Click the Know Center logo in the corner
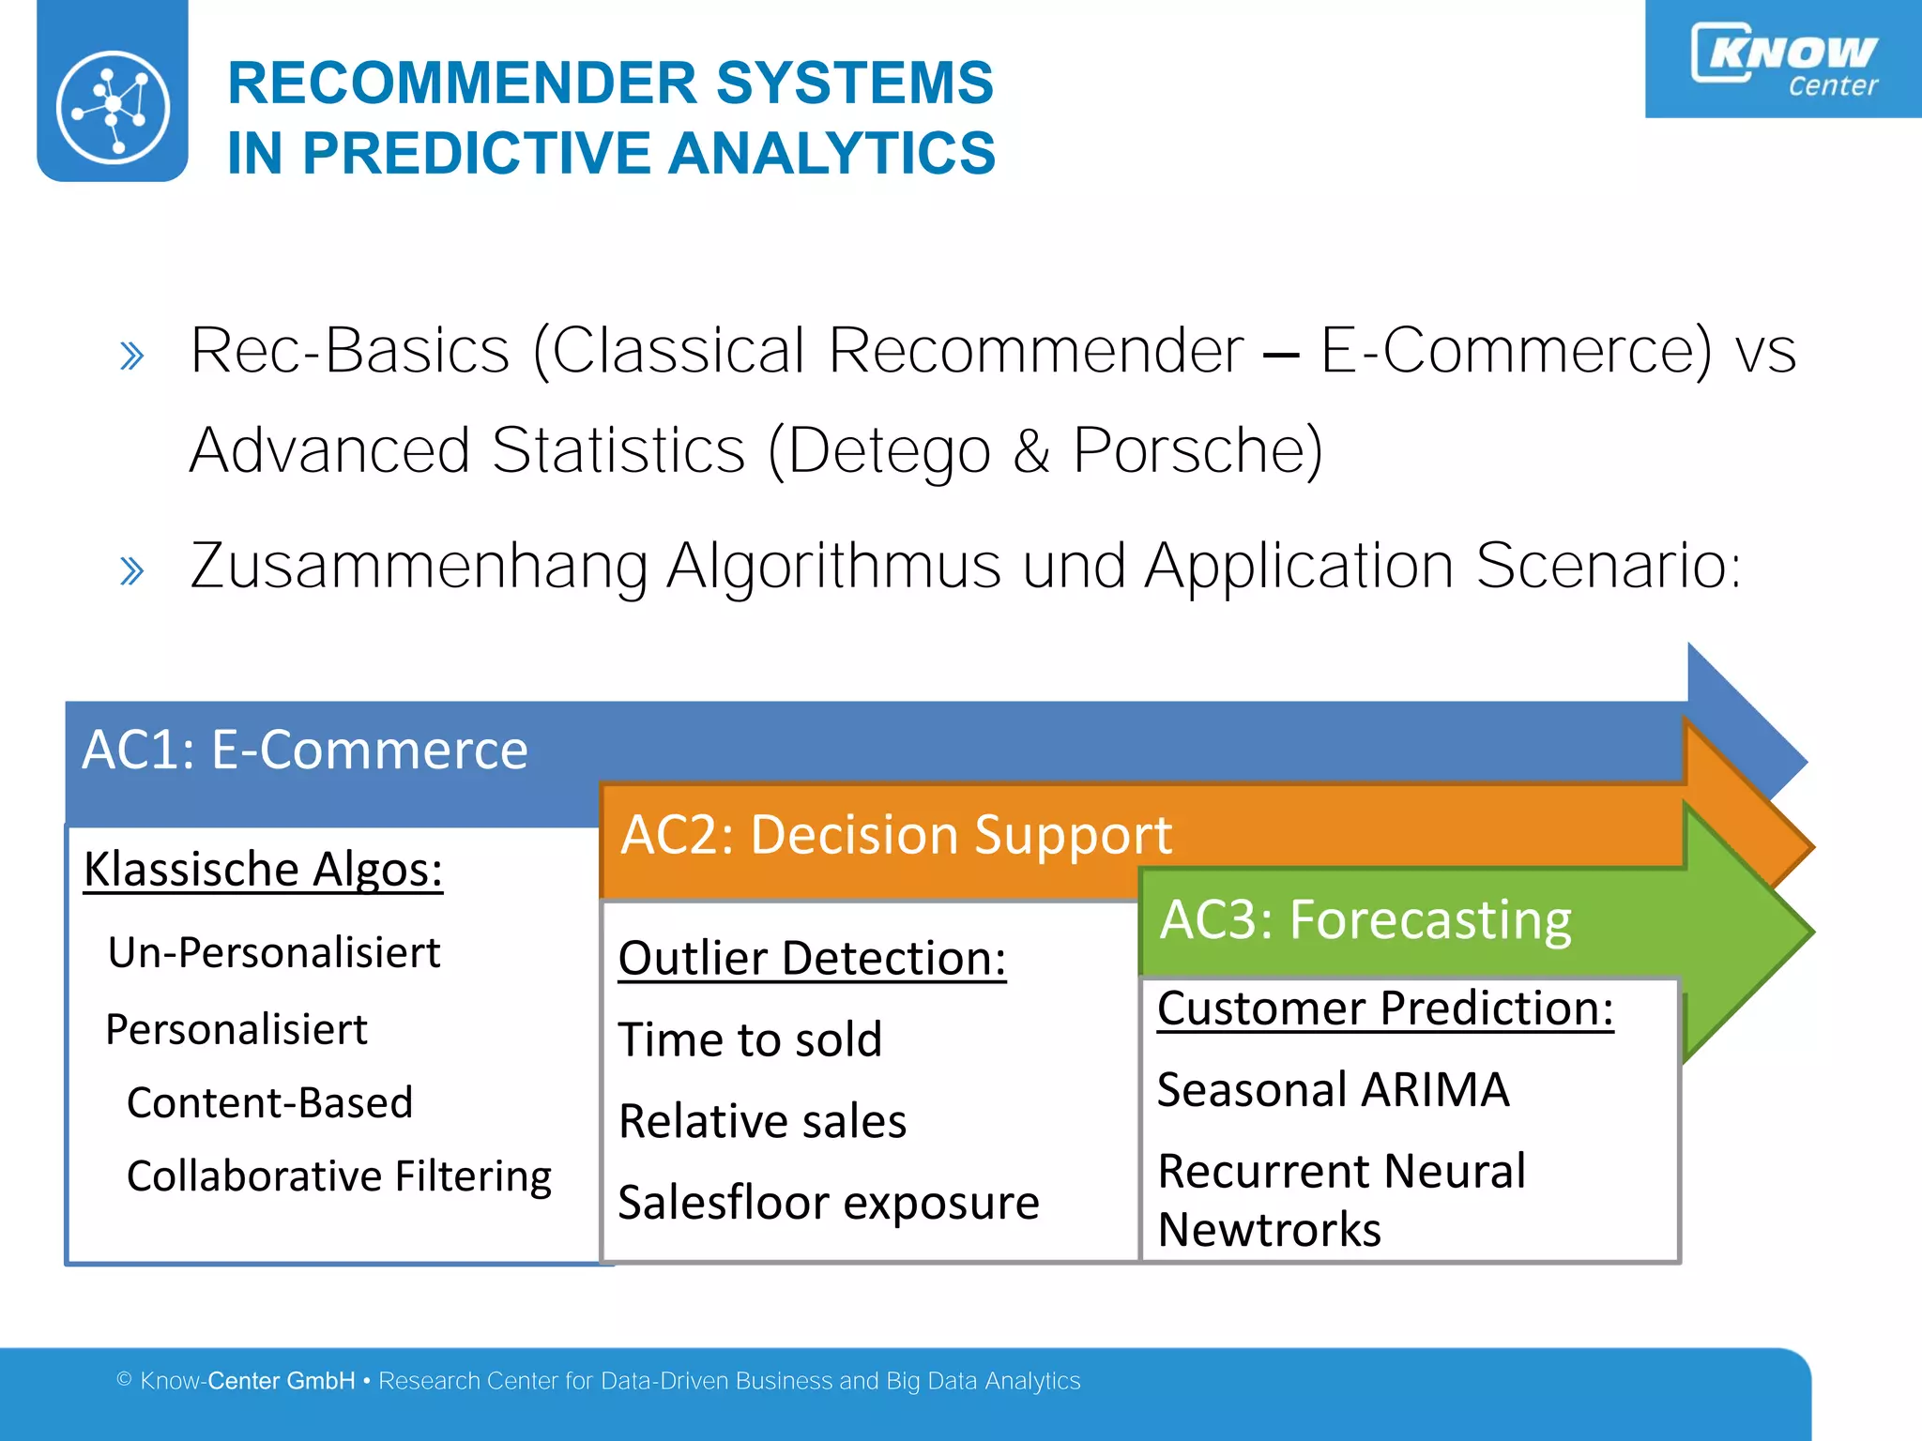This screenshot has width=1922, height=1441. click(1783, 58)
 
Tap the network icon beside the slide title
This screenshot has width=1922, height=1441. click(113, 106)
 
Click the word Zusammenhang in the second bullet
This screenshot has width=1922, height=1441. click(419, 566)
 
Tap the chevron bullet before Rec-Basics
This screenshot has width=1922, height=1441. click(132, 356)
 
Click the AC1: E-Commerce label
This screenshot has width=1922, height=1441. click(305, 750)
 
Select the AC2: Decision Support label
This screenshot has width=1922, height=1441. click(896, 834)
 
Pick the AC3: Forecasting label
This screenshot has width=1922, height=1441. click(1365, 919)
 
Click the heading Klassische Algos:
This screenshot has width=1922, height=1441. click(263, 870)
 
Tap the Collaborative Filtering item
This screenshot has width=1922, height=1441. click(339, 1176)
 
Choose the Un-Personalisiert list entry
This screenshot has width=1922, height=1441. click(273, 952)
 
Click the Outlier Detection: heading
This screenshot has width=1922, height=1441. click(812, 958)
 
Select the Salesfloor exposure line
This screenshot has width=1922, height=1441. click(829, 1203)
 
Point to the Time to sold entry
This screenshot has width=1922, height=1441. click(750, 1039)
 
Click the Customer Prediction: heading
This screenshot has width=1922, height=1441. click(1385, 1009)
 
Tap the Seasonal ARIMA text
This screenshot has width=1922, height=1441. click(1333, 1090)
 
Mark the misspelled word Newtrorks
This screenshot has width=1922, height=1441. click(1269, 1230)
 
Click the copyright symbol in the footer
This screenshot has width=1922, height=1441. click(124, 1379)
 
